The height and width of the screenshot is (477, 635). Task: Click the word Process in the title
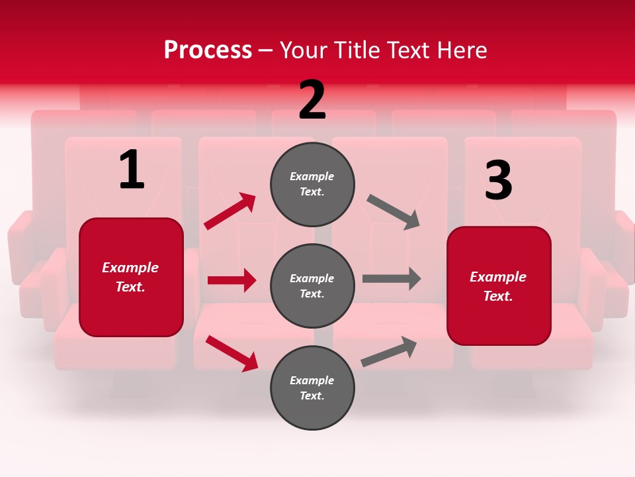(208, 50)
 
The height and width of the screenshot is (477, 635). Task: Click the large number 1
(132, 170)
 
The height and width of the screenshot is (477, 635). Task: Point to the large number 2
(312, 101)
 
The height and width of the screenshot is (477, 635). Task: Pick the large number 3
(498, 181)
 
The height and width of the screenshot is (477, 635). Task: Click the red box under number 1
(131, 277)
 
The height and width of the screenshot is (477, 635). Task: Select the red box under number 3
(499, 286)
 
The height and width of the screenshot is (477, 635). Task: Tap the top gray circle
(312, 184)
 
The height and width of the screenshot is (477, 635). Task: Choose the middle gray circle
(312, 286)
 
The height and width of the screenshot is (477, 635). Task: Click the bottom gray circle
(312, 388)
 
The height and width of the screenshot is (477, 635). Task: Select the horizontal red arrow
(232, 280)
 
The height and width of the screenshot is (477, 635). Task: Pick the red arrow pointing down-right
(232, 353)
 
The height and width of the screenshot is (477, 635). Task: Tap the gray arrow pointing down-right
(394, 212)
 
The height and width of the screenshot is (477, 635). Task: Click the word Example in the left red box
(130, 268)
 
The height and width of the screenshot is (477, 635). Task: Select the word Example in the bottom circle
(312, 380)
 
